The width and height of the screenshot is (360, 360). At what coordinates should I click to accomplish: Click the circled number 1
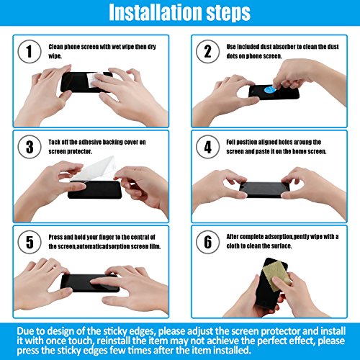tap(30, 51)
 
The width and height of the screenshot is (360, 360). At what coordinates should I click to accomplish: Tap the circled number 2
tap(208, 51)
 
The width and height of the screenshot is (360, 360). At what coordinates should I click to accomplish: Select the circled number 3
tap(30, 147)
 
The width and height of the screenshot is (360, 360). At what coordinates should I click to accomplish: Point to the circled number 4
tap(208, 147)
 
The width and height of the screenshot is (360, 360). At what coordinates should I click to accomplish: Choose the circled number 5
tap(30, 242)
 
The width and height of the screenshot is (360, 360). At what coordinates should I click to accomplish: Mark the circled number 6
tap(208, 242)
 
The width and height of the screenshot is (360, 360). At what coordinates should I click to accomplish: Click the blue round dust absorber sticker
tap(270, 90)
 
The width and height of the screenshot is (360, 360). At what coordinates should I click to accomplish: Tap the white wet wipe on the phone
tap(94, 80)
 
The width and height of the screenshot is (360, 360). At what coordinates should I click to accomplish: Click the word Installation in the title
tap(156, 12)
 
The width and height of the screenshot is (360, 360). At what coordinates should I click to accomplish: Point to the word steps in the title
tap(228, 12)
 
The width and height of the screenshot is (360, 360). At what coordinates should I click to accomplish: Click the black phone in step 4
tap(264, 189)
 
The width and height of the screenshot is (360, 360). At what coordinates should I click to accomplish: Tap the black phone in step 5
tap(89, 283)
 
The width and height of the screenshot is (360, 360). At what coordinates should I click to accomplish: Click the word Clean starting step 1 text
tap(55, 47)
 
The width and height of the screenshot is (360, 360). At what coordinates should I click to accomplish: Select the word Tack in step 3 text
tap(54, 142)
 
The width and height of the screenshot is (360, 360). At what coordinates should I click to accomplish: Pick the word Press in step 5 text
tap(55, 237)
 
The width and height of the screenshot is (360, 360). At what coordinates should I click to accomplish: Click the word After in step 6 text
tap(233, 237)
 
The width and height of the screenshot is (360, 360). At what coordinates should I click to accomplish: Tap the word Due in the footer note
tap(25, 331)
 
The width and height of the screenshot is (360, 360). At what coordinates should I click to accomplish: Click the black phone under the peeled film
tap(95, 189)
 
